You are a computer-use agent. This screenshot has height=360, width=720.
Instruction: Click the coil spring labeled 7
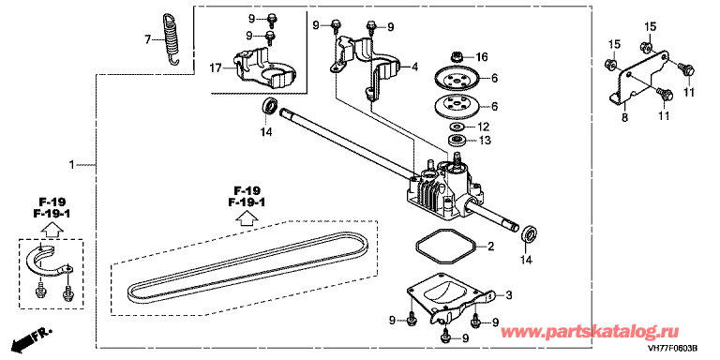(172, 39)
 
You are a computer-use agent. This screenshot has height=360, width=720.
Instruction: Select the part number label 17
(216, 68)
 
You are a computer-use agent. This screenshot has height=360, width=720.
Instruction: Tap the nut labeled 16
(457, 57)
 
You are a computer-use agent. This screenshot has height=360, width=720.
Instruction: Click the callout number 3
(508, 295)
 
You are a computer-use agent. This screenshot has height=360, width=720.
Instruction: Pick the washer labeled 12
(457, 126)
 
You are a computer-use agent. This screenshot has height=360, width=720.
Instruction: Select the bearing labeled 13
(457, 140)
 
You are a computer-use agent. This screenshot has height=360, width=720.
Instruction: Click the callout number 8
(624, 118)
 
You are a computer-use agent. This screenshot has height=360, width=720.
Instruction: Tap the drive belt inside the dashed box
(247, 268)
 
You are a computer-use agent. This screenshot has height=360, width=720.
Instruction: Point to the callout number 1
(71, 164)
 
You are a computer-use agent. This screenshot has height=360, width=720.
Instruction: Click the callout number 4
(414, 67)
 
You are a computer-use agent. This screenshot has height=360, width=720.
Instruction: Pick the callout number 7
(147, 40)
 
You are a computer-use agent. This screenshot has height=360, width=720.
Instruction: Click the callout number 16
(482, 57)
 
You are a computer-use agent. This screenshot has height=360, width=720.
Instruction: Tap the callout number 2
(490, 247)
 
